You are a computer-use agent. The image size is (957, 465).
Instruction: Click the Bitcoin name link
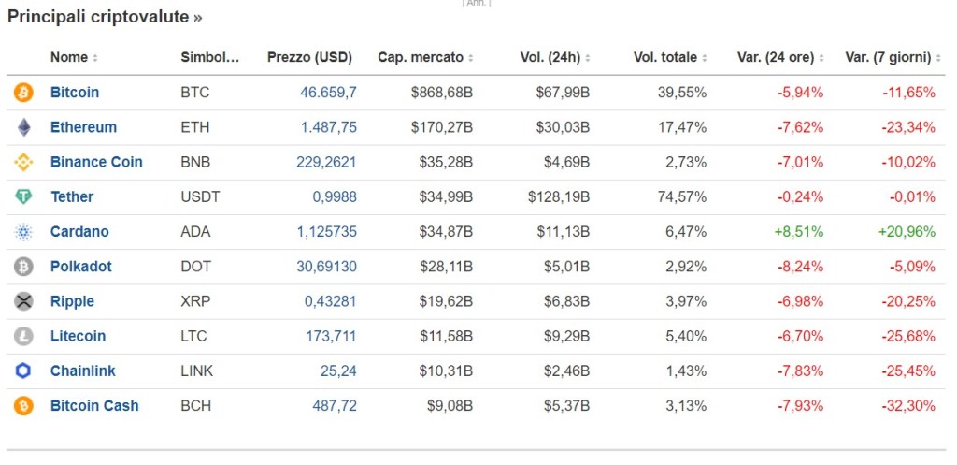pos(75,93)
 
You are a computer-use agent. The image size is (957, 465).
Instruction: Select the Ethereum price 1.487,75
pos(328,127)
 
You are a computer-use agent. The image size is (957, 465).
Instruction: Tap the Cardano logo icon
pos(23,232)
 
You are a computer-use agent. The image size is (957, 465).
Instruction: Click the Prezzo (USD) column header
pos(309,57)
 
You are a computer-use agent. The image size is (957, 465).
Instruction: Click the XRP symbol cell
pos(193,301)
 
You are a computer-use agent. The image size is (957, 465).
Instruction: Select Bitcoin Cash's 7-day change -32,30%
pos(908,405)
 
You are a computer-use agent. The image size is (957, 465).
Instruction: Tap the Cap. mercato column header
pos(421,57)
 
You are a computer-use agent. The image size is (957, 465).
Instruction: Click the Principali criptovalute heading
pos(105,17)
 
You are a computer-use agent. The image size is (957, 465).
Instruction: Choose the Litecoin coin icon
pos(23,336)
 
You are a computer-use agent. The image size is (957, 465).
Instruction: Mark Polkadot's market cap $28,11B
pos(441,267)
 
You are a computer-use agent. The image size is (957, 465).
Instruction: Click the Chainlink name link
pos(83,371)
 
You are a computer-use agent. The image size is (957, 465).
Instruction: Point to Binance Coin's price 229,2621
pos(326,162)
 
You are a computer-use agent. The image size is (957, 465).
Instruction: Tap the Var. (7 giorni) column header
pos(888,57)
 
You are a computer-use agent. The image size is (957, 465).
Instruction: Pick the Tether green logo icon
pos(23,196)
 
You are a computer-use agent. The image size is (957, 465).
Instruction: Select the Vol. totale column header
pos(665,57)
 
